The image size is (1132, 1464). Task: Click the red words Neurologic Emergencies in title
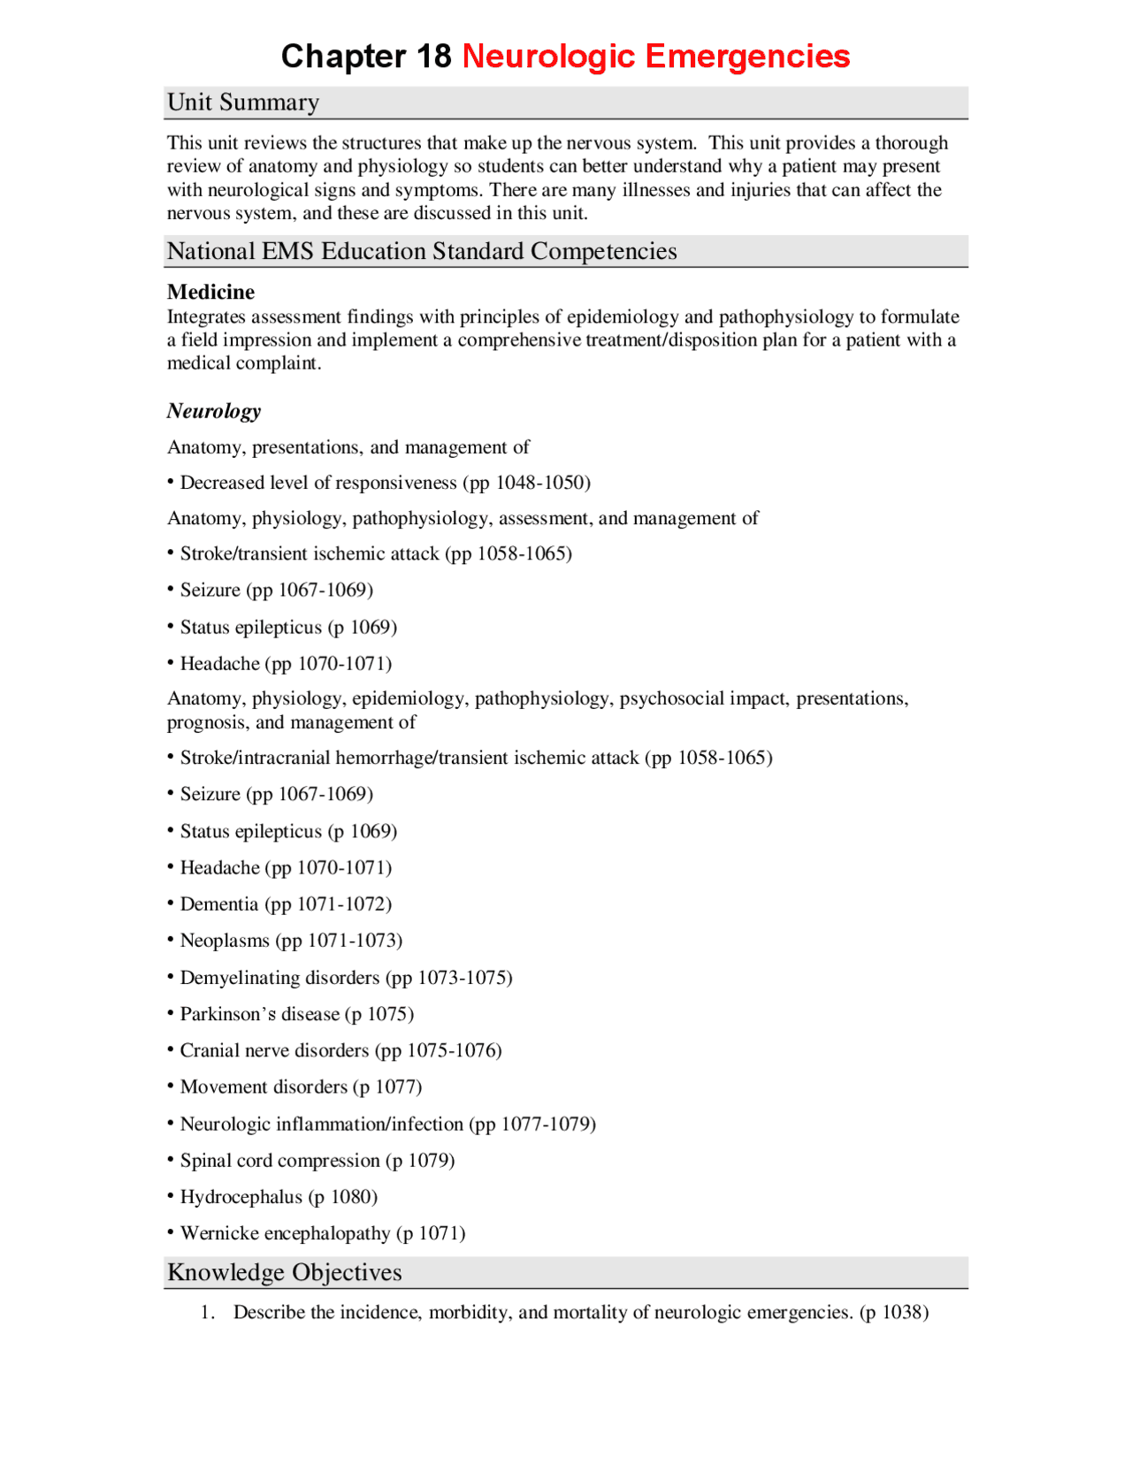(x=655, y=56)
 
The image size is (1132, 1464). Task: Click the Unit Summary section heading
(x=243, y=103)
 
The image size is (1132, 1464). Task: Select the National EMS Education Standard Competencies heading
(x=422, y=251)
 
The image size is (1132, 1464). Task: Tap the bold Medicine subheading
(x=210, y=292)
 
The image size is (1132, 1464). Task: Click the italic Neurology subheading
(x=214, y=411)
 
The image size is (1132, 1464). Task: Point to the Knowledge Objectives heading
(x=284, y=1272)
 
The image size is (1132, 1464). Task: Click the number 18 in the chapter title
(x=433, y=56)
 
